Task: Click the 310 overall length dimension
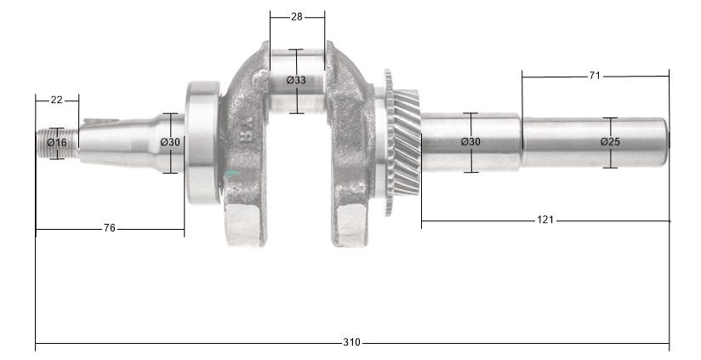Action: [x=351, y=342]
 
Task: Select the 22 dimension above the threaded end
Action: [x=56, y=100]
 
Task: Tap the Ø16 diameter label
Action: [x=57, y=142]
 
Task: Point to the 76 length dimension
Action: [x=109, y=228]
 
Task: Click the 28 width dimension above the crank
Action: [x=296, y=16]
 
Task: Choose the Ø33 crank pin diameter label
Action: [x=296, y=80]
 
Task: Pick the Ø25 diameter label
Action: [x=610, y=141]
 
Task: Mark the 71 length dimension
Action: [x=594, y=76]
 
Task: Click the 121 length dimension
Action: [x=544, y=220]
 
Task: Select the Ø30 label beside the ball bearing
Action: [x=170, y=142]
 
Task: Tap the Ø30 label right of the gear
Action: [x=470, y=141]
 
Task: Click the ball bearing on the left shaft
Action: [x=202, y=141]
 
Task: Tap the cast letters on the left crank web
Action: [x=247, y=132]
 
